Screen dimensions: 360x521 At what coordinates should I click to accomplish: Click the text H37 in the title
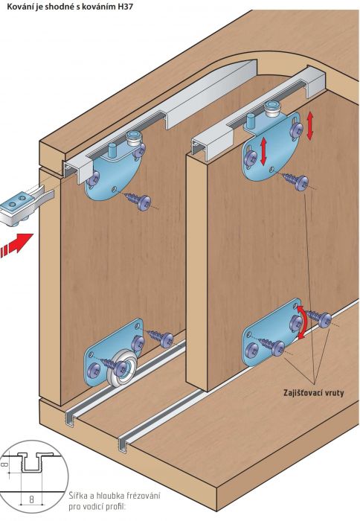tap(125, 7)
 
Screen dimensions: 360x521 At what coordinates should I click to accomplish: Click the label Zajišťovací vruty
tap(314, 393)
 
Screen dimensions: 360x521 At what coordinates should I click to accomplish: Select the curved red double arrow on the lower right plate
tap(301, 322)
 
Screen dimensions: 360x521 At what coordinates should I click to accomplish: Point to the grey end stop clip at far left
tap(24, 208)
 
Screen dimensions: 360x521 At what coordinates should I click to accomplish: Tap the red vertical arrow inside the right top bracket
tap(264, 151)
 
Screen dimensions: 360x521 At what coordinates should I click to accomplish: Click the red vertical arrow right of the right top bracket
tap(310, 126)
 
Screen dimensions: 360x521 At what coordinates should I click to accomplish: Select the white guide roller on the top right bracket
tap(273, 109)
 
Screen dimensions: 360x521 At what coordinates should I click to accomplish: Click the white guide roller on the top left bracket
tap(134, 138)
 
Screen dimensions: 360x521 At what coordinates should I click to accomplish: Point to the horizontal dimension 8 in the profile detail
tap(31, 499)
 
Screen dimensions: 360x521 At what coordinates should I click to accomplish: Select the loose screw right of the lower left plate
tap(161, 337)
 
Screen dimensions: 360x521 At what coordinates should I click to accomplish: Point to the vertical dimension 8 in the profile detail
tap(4, 464)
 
